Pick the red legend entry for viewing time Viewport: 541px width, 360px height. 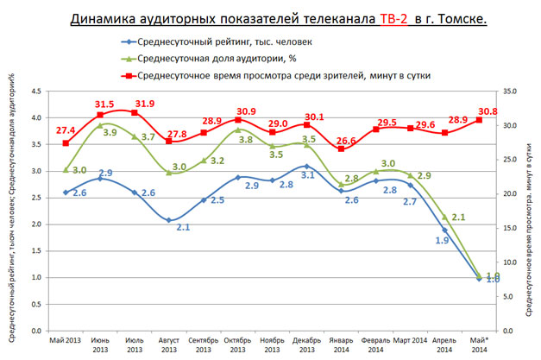click(293, 76)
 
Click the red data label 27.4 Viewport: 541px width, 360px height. click(66, 129)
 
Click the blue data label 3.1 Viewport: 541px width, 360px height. click(306, 175)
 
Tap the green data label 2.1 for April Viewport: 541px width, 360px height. click(460, 217)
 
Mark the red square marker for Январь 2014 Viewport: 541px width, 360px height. click(342, 149)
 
